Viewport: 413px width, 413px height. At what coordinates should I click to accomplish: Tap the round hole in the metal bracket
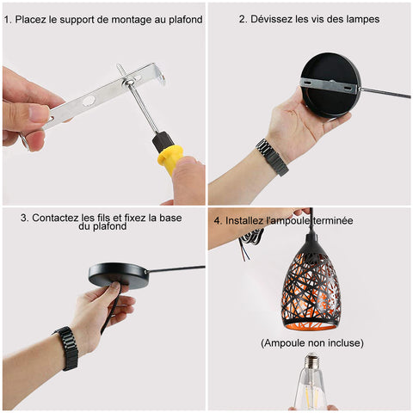coord(89,101)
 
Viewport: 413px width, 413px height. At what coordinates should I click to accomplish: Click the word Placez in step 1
coord(31,20)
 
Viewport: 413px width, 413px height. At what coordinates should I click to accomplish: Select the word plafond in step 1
coord(186,20)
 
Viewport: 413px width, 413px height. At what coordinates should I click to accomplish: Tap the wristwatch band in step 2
coord(273,157)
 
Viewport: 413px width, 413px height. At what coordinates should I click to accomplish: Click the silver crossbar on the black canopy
coord(330,87)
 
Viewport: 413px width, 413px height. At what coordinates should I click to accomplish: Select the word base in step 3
coord(170,218)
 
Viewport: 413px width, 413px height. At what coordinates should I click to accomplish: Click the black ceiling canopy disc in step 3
coord(119,274)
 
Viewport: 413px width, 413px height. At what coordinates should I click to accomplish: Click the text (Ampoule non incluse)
coord(312,343)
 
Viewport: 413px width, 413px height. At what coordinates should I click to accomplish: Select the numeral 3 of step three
coord(23,218)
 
